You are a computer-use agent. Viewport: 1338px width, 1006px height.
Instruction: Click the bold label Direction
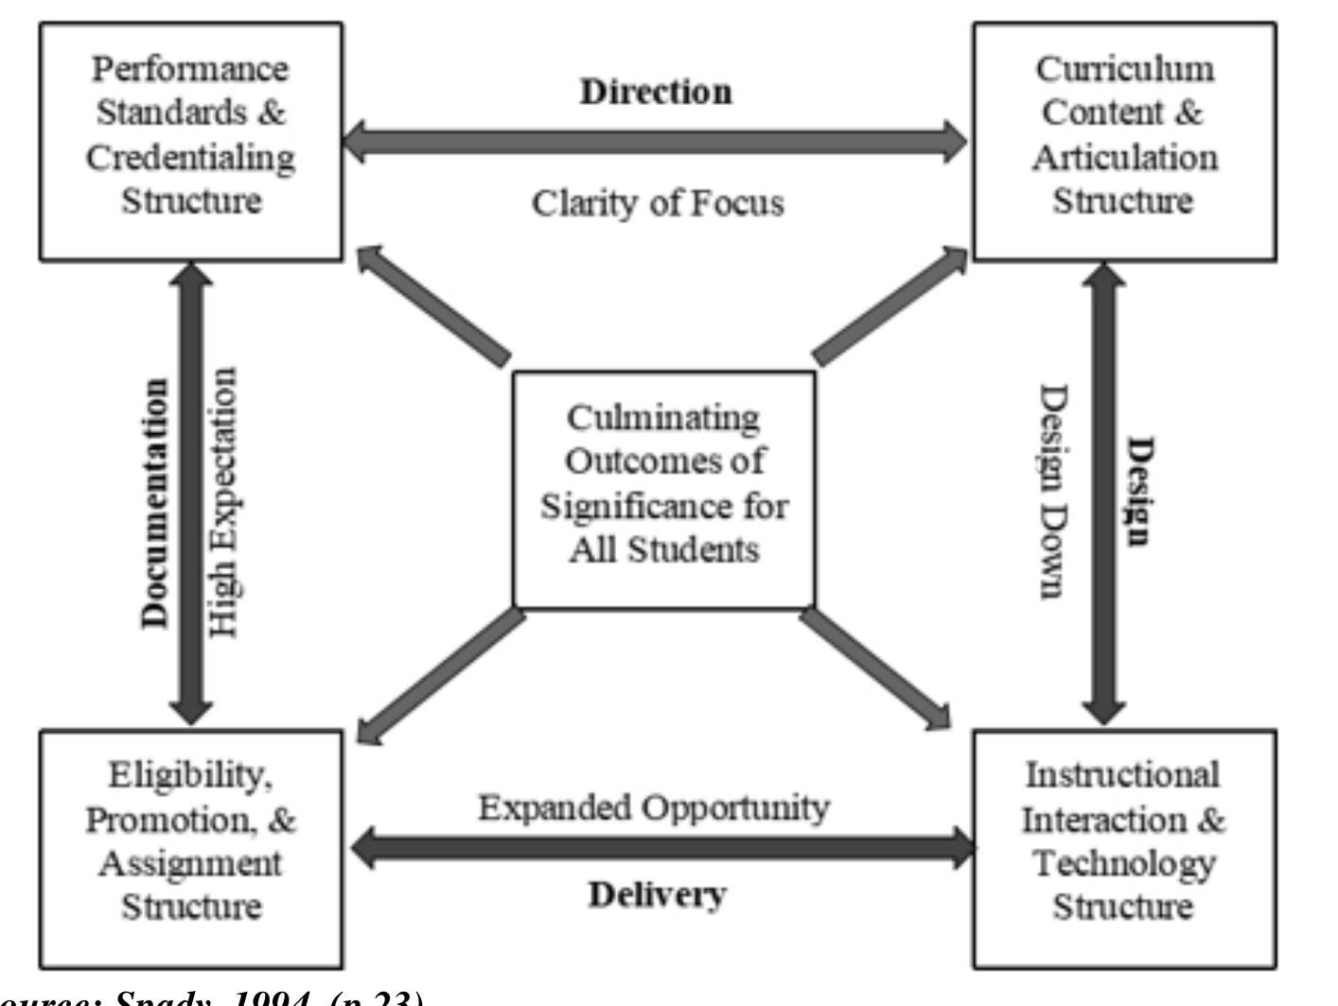coord(656,92)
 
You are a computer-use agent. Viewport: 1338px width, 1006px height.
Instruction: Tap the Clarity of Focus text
coord(658,202)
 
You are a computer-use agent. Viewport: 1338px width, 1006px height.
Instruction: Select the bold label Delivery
coord(657,893)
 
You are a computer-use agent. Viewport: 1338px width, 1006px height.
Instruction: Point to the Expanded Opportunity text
coord(654,807)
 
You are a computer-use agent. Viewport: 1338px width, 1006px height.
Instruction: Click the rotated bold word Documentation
coord(155,504)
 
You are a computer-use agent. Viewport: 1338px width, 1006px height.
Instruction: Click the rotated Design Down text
coord(1053,491)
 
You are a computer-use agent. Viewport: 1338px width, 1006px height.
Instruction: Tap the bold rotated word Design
coord(1139,491)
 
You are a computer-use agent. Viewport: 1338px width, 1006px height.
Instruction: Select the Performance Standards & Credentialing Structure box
coord(191,142)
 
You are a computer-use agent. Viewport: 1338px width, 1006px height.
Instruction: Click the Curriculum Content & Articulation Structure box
coord(1124,142)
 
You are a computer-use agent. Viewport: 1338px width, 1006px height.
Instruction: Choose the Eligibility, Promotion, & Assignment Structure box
coord(191,848)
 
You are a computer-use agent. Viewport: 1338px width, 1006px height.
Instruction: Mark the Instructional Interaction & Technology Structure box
coord(1124,848)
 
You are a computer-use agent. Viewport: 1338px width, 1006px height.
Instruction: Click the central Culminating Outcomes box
coord(663,489)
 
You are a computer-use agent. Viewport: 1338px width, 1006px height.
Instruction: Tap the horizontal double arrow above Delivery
coord(662,847)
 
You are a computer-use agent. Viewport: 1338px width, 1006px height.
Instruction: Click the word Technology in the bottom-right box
coord(1123,862)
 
